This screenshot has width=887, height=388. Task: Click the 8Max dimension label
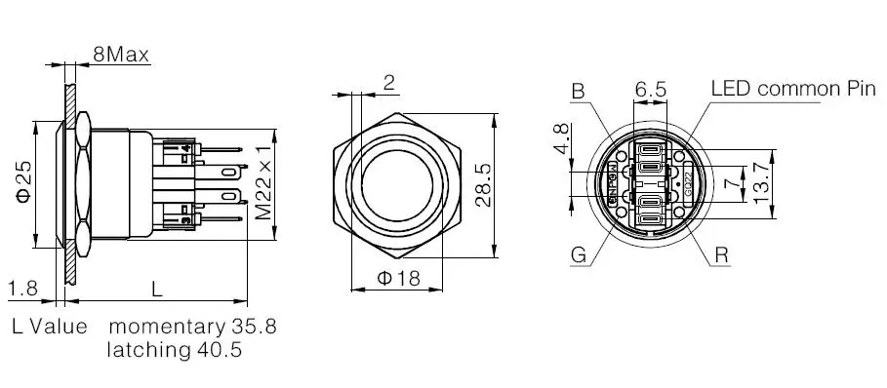tap(120, 55)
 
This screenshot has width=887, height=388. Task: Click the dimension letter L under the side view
tap(156, 288)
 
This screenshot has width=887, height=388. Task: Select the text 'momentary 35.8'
tap(192, 326)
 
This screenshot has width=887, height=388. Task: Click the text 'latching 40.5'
tap(175, 349)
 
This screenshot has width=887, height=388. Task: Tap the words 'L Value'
tap(50, 326)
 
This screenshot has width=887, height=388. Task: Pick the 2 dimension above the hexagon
tap(388, 83)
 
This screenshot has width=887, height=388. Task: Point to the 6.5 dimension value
tap(651, 89)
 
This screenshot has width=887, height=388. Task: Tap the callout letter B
tap(578, 92)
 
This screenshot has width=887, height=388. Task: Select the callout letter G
tap(578, 255)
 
